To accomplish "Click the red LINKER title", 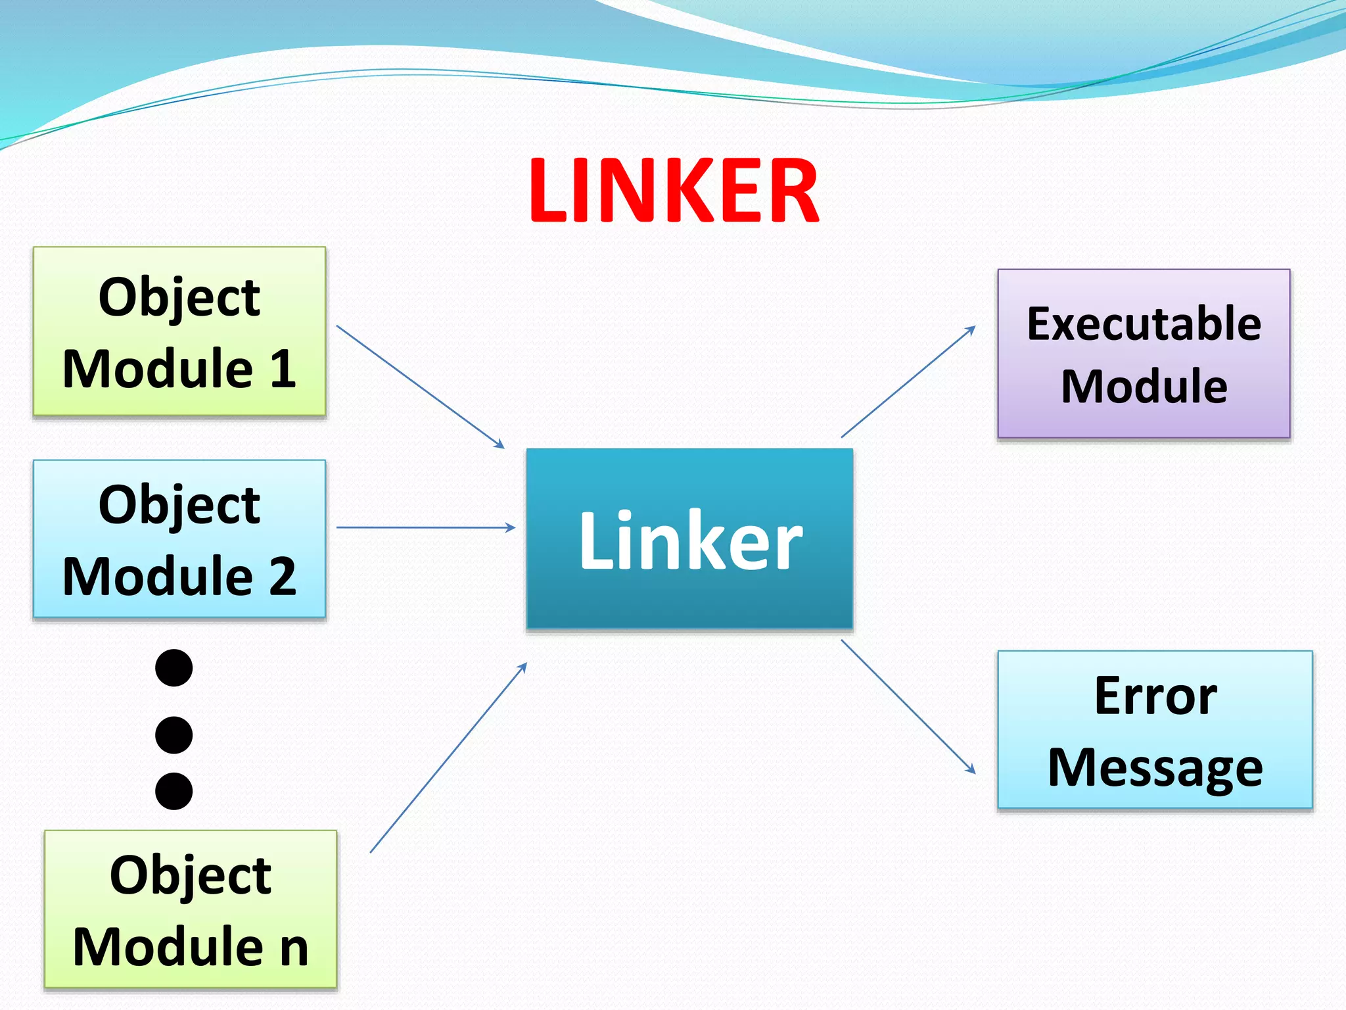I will (674, 191).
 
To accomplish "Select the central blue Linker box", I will (689, 539).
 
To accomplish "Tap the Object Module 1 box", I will (179, 331).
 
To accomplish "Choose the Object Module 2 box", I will (179, 539).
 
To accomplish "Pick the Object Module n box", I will (191, 909).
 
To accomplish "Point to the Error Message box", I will (1155, 730).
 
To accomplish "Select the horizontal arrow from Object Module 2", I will (426, 527).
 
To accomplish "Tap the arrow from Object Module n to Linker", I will (449, 757).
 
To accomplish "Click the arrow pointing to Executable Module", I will (908, 381).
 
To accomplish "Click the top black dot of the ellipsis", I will (174, 668).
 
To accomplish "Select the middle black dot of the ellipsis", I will (174, 734).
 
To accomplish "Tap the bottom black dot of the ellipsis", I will (174, 790).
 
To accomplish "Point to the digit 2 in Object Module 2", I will (282, 576).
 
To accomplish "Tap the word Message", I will (1155, 767).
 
